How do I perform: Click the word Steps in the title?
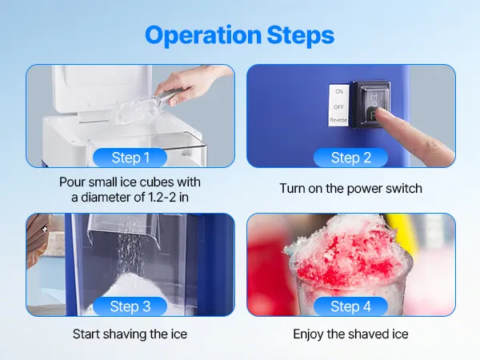pyautogui.click(x=301, y=35)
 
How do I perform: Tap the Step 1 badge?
pyautogui.click(x=130, y=158)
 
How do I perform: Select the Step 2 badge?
pyautogui.click(x=351, y=158)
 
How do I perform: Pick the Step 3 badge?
pyautogui.click(x=130, y=306)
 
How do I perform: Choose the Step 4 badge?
pyautogui.click(x=351, y=306)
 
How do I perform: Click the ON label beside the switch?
pyautogui.click(x=339, y=91)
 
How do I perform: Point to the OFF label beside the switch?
pyautogui.click(x=339, y=107)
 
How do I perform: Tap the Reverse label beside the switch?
pyautogui.click(x=338, y=120)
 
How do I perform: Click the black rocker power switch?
pyautogui.click(x=370, y=104)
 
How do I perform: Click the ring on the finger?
pyautogui.click(x=45, y=229)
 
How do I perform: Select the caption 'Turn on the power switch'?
pyautogui.click(x=351, y=188)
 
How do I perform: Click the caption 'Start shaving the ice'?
pyautogui.click(x=130, y=334)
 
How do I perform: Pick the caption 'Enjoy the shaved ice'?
pyautogui.click(x=351, y=334)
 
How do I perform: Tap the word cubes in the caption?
pyautogui.click(x=154, y=182)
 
